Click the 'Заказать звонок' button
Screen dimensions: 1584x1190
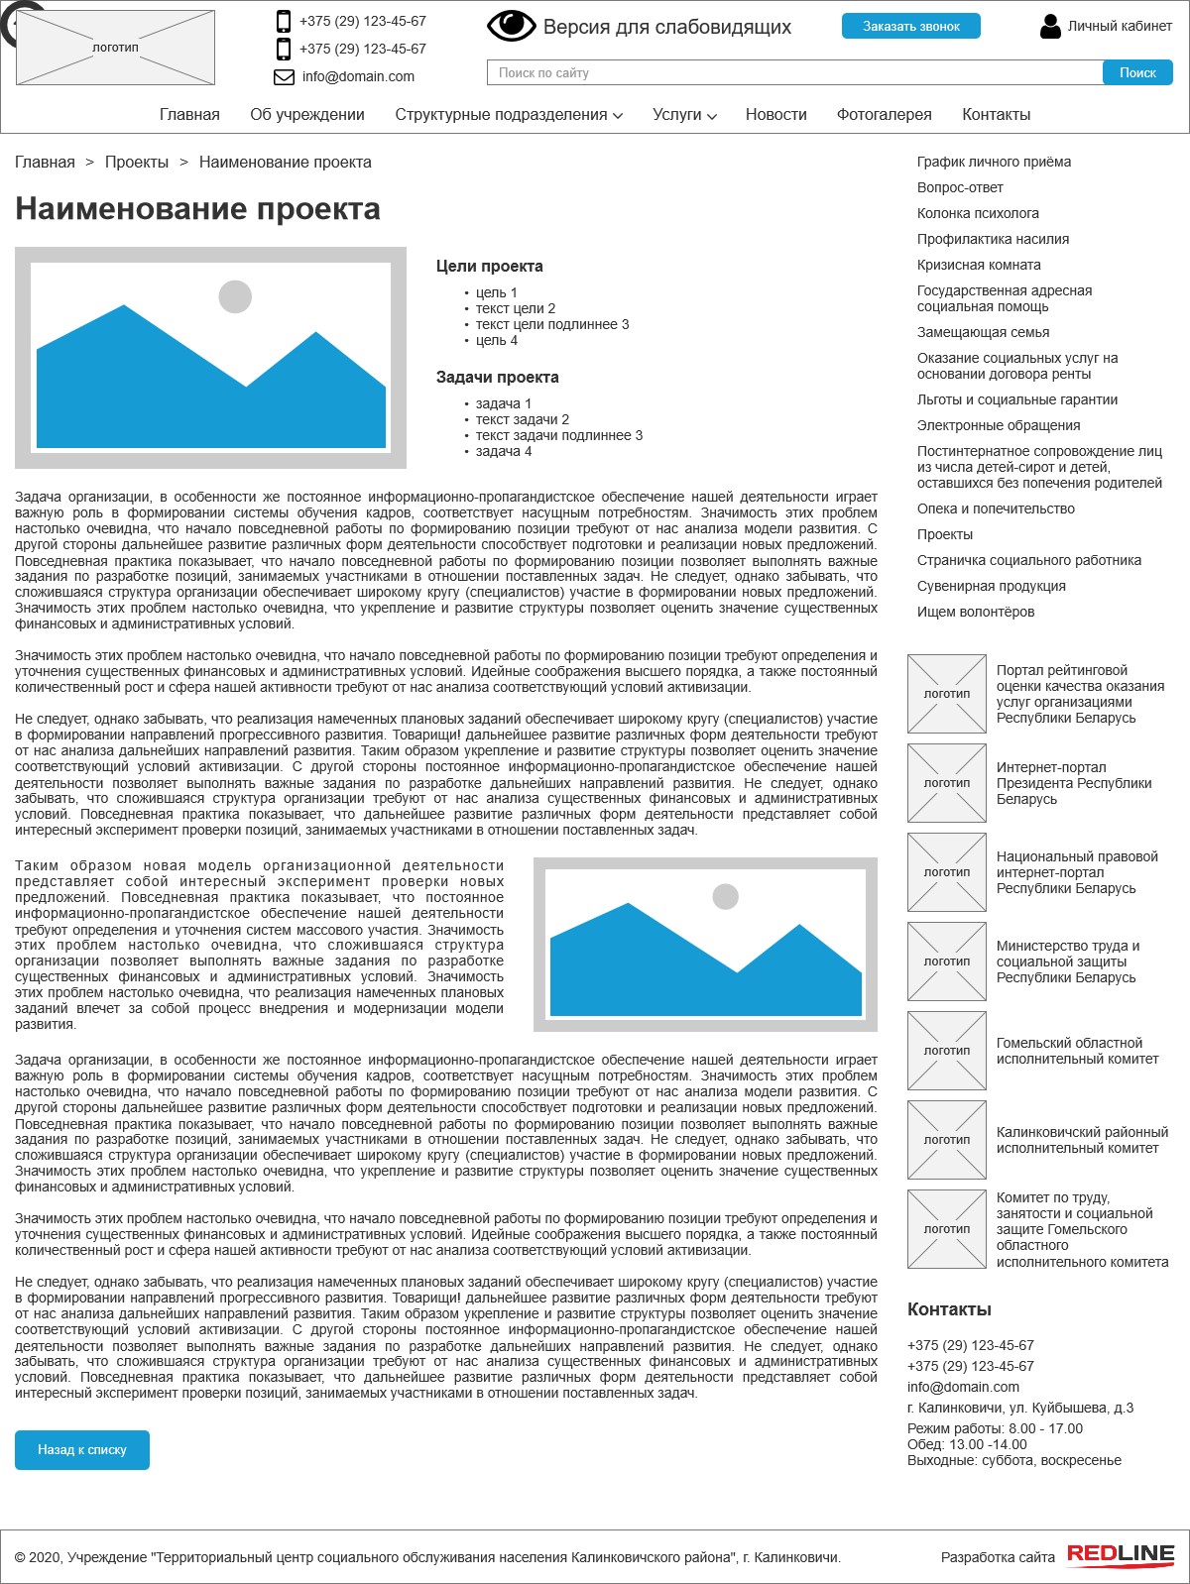(910, 26)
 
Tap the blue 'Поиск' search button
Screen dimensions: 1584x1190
(1137, 72)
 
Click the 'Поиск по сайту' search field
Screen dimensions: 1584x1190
(793, 72)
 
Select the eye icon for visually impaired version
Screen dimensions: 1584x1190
(511, 26)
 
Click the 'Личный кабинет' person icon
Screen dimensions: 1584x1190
(1050, 27)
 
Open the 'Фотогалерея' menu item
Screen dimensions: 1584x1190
(884, 114)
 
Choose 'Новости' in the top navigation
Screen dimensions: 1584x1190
(775, 114)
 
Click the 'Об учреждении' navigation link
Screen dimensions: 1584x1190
(307, 114)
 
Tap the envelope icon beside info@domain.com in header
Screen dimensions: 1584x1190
(284, 76)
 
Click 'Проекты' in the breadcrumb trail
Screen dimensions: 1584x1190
(137, 162)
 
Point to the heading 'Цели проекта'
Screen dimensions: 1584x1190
(489, 266)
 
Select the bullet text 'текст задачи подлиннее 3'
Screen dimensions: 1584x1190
(558, 435)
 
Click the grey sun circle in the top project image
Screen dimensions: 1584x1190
(235, 296)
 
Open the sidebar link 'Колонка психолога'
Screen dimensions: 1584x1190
(978, 213)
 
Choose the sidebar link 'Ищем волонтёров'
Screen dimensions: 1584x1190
(975, 612)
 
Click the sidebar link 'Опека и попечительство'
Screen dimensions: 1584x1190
(996, 509)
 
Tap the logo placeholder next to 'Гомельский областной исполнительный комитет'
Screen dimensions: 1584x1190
(947, 1051)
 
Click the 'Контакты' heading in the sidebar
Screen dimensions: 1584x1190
(949, 1309)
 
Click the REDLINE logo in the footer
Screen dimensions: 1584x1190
(1121, 1555)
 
